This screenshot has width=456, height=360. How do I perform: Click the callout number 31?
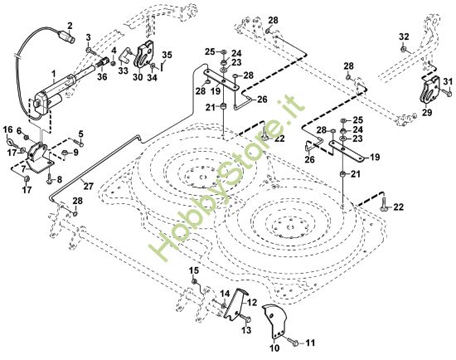point(449,80)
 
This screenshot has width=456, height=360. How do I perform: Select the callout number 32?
point(404,36)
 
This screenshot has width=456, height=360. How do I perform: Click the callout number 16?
point(8,130)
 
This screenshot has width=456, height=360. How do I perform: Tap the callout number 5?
point(81,134)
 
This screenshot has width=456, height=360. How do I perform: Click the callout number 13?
point(245,329)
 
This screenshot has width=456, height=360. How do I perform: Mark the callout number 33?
point(123,71)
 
